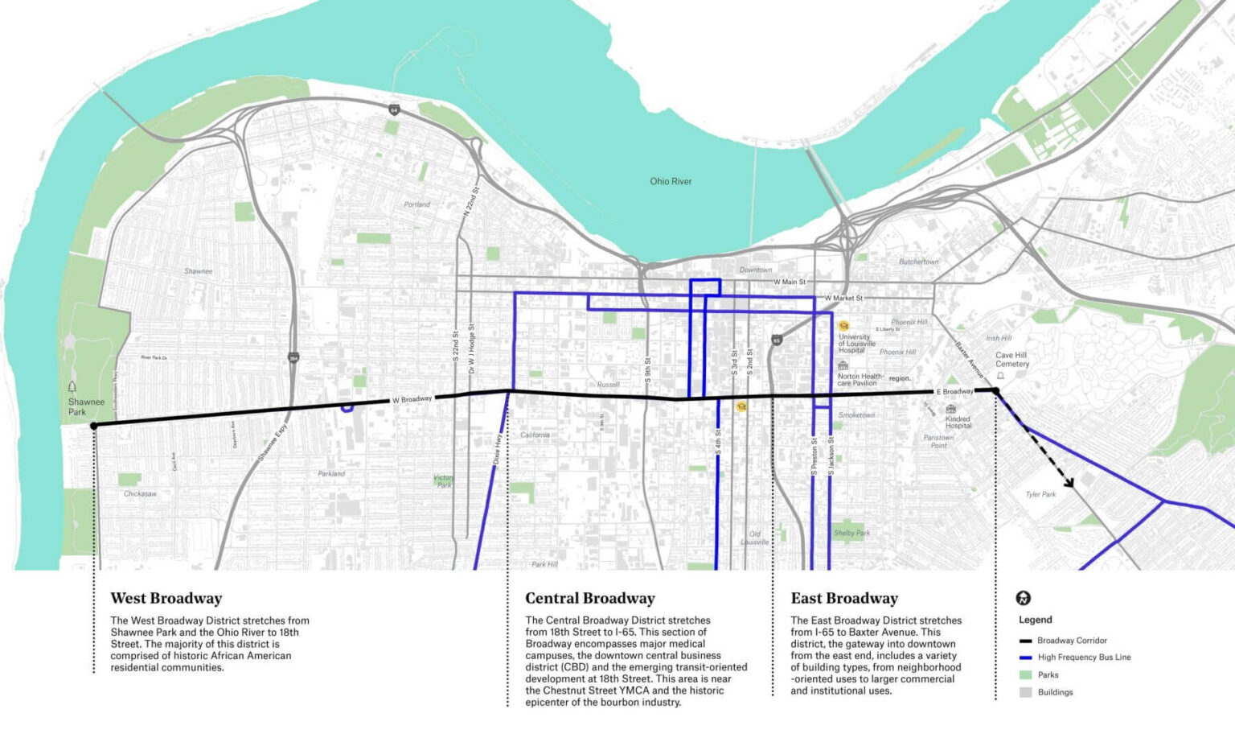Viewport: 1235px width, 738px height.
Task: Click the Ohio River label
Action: (x=671, y=182)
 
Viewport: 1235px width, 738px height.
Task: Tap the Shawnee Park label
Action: (x=86, y=406)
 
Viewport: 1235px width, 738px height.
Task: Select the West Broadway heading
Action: (x=166, y=599)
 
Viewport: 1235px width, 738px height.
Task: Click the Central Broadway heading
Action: (x=589, y=599)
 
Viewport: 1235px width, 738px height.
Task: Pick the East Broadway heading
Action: (x=843, y=599)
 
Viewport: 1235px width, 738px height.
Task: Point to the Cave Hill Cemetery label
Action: (x=1011, y=360)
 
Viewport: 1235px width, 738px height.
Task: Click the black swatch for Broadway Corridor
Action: (x=1025, y=641)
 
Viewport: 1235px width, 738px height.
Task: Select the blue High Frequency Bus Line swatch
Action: (x=1025, y=658)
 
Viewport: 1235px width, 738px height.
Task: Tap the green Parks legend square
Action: (x=1025, y=675)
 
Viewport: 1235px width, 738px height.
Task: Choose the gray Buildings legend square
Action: (x=1025, y=692)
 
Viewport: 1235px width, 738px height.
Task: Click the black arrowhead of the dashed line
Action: (x=1070, y=484)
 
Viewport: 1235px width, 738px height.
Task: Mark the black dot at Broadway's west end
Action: (x=94, y=426)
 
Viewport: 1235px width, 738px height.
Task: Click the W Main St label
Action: (x=789, y=282)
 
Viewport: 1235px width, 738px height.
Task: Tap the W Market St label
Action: (x=843, y=299)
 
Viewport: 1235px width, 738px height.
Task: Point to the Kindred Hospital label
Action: (x=958, y=422)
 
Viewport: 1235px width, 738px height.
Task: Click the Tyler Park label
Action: (x=1040, y=495)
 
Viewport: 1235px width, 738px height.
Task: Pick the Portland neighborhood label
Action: (x=416, y=204)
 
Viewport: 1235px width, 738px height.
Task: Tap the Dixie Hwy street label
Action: (x=498, y=450)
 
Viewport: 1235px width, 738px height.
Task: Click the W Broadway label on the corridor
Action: (x=412, y=400)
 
